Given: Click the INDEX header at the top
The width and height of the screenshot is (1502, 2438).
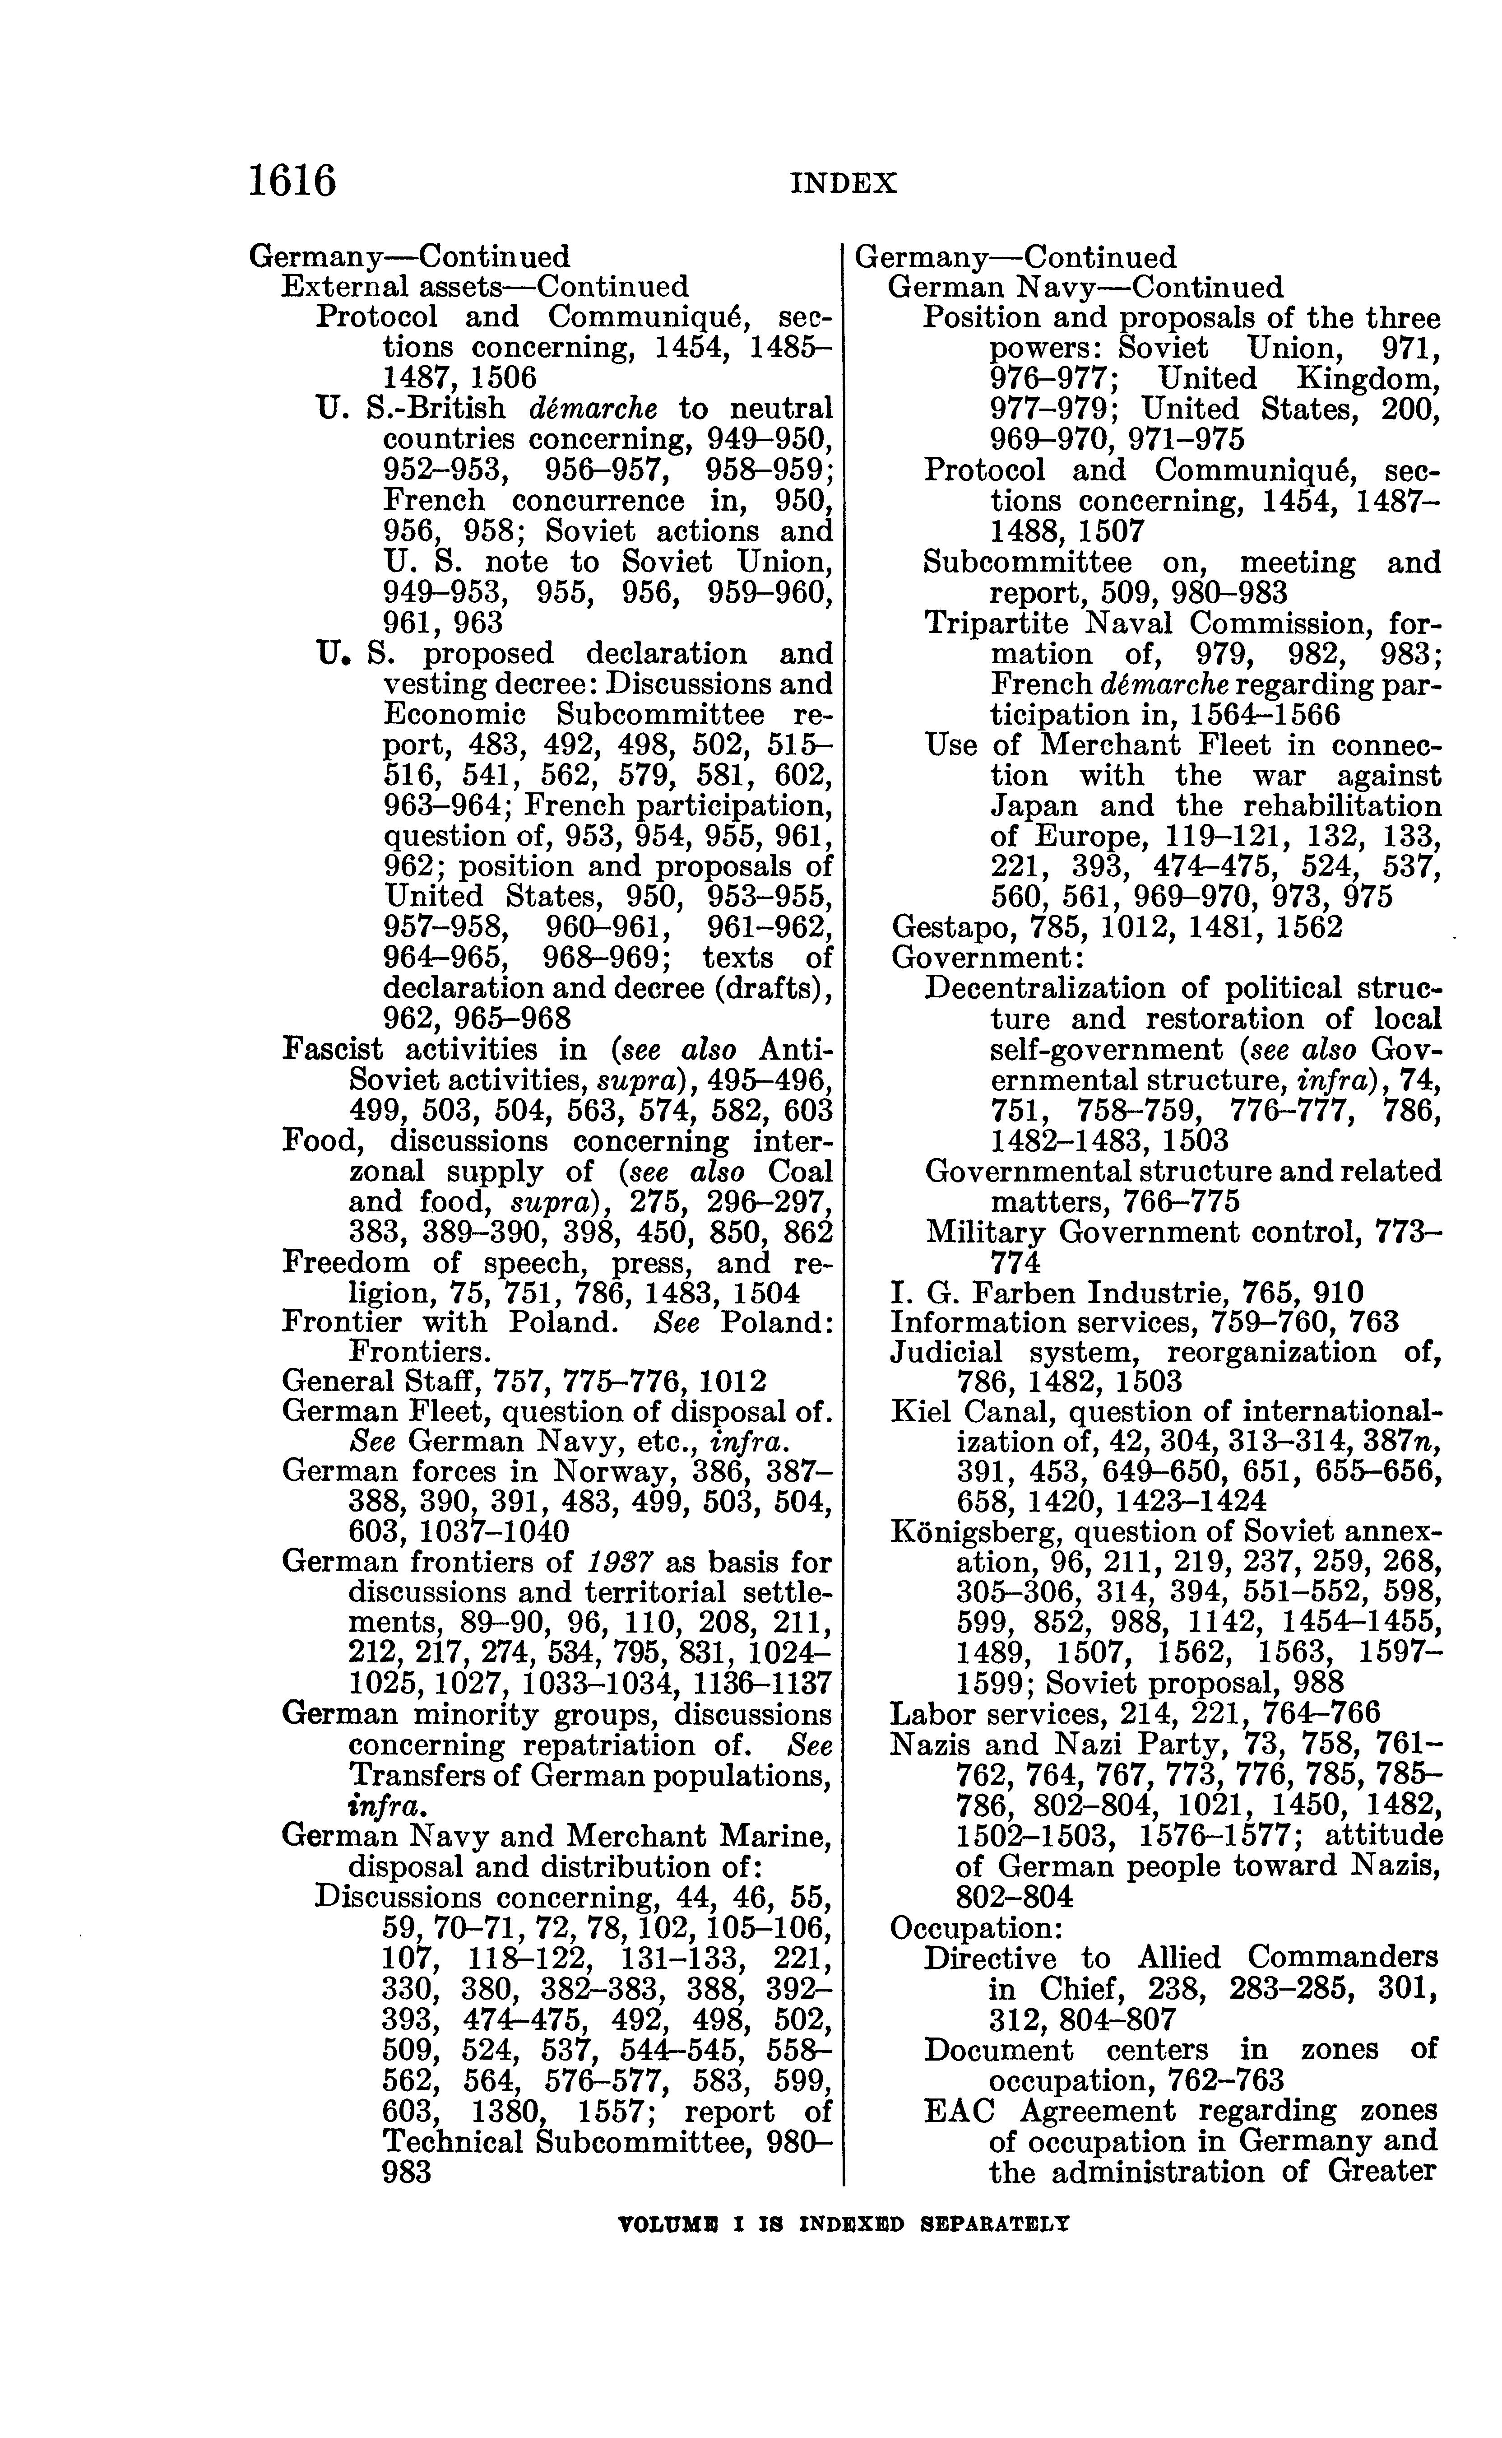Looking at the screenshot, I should pos(844,183).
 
